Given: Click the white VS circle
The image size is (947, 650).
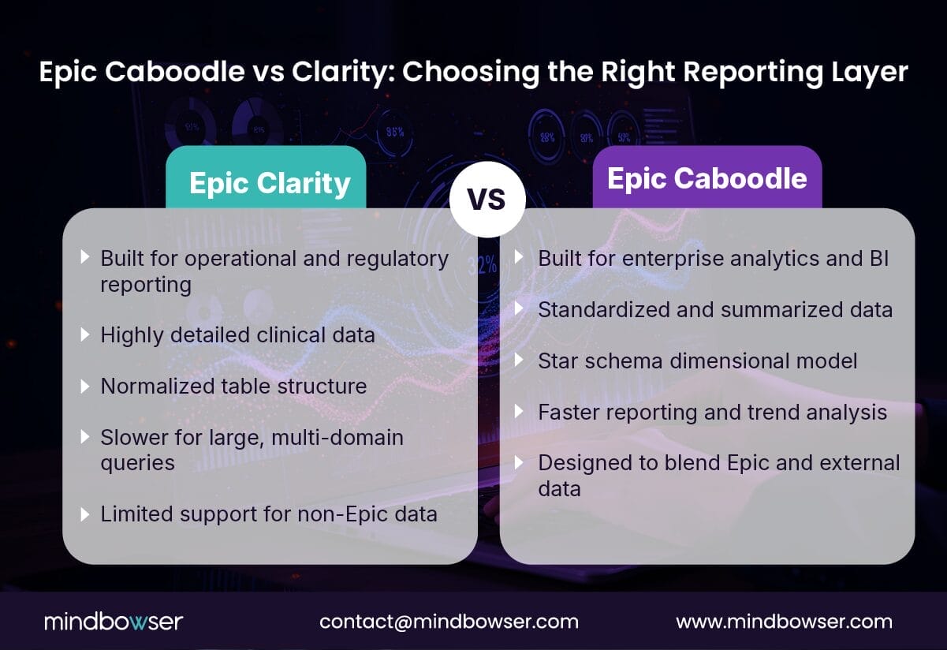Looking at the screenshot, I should pos(487,200).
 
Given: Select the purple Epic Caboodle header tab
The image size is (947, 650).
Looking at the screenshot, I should pos(707,178).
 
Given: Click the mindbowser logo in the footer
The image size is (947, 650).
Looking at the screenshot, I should pos(113,621).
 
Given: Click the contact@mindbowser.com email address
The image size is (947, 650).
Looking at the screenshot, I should pos(449,621).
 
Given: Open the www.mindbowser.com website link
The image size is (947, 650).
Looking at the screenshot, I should pos(784,621).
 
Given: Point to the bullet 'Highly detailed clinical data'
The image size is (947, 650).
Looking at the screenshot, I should pos(237,334).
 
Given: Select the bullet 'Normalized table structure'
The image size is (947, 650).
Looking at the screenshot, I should pos(233,386).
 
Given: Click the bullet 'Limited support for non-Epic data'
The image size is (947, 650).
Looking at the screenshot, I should pos(268,514).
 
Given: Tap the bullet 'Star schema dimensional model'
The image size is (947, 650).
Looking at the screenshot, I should pos(697,360).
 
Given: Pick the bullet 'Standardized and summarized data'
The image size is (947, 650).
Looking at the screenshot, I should pos(714,309).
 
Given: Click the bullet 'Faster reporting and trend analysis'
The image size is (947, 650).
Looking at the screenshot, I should pos(712,412).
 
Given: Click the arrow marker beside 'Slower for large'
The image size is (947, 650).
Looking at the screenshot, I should pos(85,438).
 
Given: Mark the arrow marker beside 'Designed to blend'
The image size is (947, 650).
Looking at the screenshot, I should pos(520,463).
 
